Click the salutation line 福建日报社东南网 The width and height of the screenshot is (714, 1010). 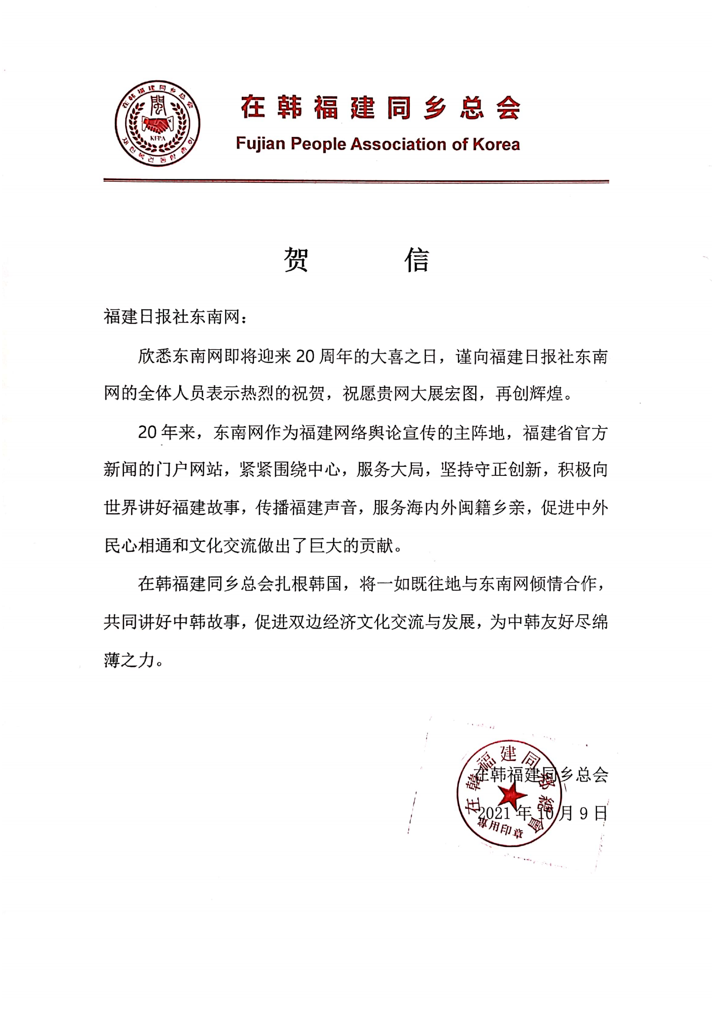171,317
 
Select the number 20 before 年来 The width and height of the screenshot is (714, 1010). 147,432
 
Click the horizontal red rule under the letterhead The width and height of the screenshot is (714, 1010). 356,180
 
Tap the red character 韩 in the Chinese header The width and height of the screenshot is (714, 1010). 290,108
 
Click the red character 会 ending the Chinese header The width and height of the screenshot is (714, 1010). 508,108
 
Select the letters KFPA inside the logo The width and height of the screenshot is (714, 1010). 157,138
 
